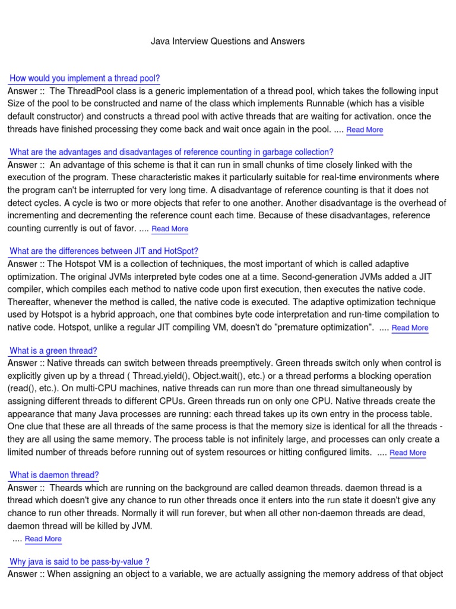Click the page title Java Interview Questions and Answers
[x=227, y=41]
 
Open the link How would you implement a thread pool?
[x=85, y=79]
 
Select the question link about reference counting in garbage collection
[x=172, y=152]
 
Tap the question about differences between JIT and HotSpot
[x=104, y=251]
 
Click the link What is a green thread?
[x=53, y=351]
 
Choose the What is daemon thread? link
[x=54, y=475]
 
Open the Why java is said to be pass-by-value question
[x=79, y=561]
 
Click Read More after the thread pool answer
[x=365, y=130]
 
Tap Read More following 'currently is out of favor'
[x=170, y=229]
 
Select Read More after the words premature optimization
[x=410, y=328]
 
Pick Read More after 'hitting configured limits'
[x=407, y=453]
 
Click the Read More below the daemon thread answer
[x=43, y=539]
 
